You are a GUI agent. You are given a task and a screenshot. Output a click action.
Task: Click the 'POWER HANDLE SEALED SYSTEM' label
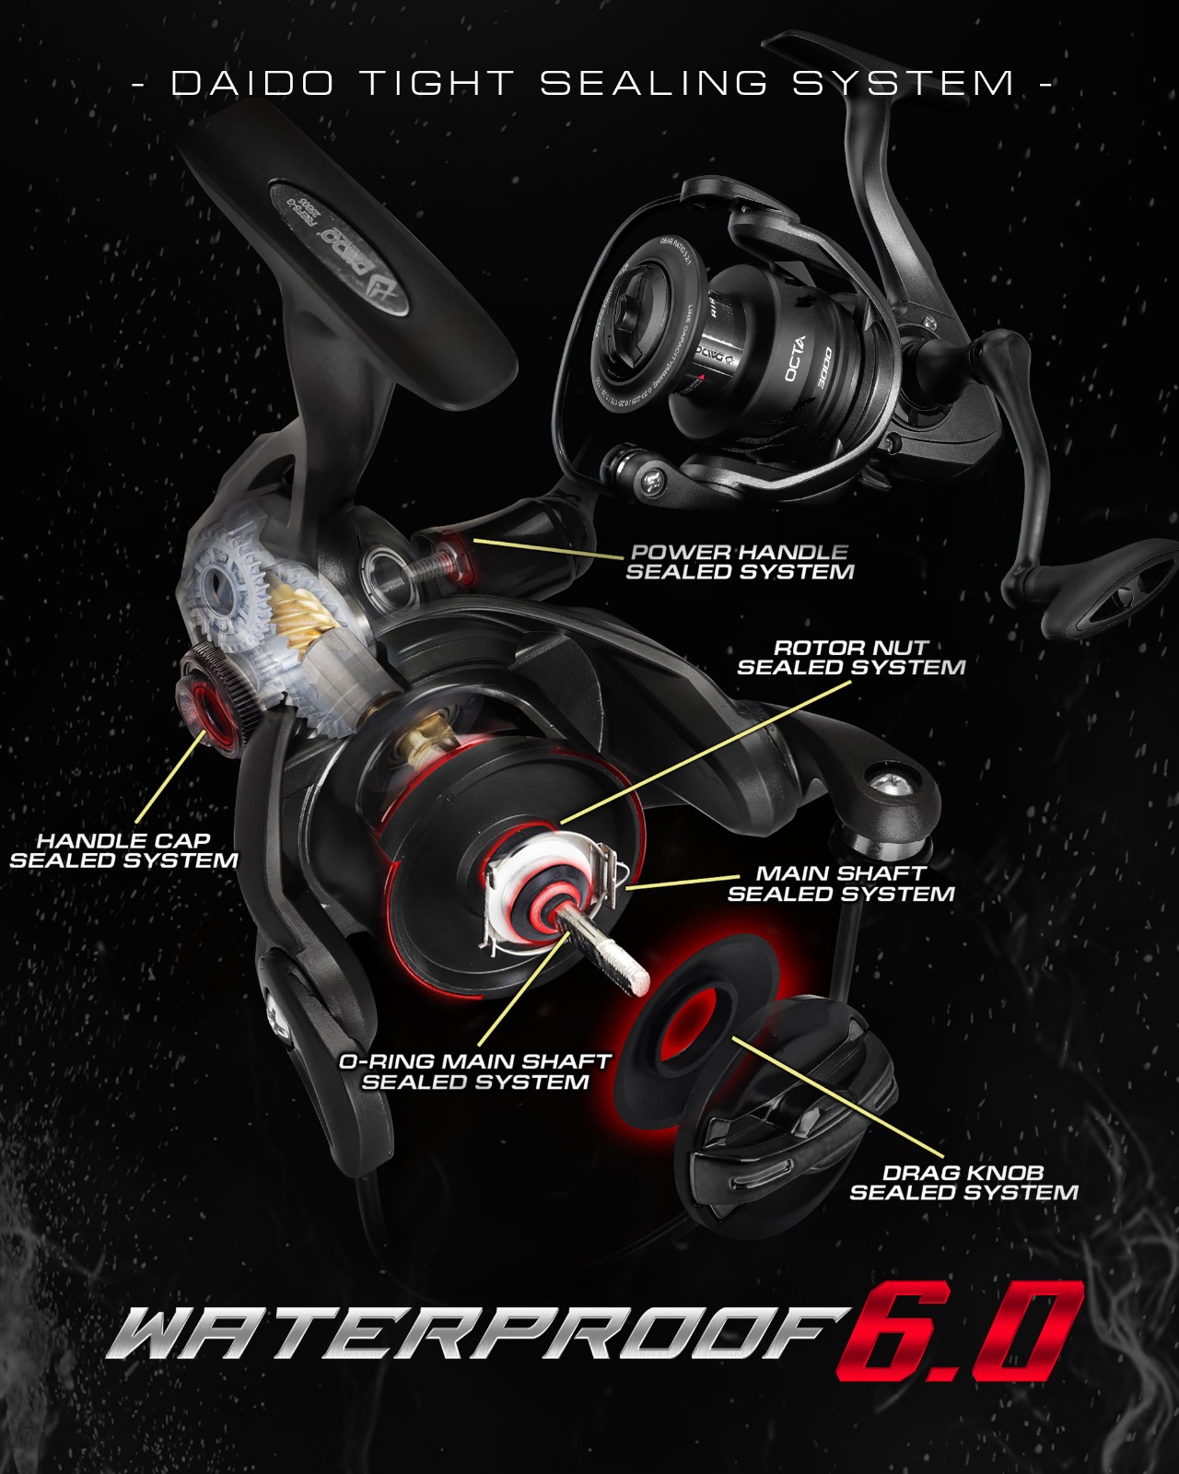[x=740, y=562]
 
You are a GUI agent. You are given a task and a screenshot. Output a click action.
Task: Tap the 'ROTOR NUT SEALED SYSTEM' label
[x=850, y=658]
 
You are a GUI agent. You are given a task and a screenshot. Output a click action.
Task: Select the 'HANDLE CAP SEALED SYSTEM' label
[x=123, y=850]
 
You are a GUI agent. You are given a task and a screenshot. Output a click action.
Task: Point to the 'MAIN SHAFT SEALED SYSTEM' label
[x=840, y=883]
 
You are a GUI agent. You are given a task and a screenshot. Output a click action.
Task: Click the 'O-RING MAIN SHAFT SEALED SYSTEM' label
[x=474, y=1071]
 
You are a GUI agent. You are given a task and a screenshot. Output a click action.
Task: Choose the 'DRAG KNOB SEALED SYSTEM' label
[x=963, y=1183]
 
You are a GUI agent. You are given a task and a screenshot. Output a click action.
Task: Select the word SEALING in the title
[x=653, y=84]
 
